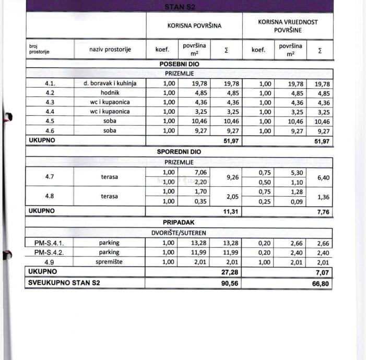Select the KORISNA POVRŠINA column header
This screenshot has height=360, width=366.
(x=194, y=25)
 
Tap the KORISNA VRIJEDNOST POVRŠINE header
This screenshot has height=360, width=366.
(x=288, y=26)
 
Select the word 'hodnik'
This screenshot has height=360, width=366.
(x=110, y=92)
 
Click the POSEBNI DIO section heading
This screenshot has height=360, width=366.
(x=179, y=64)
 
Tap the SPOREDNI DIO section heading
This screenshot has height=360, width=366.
(x=179, y=152)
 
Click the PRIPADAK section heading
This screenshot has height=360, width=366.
(x=179, y=222)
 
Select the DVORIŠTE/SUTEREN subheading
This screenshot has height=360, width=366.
(x=179, y=233)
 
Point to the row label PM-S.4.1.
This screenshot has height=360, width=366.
(x=49, y=243)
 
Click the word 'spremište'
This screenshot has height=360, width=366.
(x=110, y=262)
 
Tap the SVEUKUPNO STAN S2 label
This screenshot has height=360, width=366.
(x=64, y=283)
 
